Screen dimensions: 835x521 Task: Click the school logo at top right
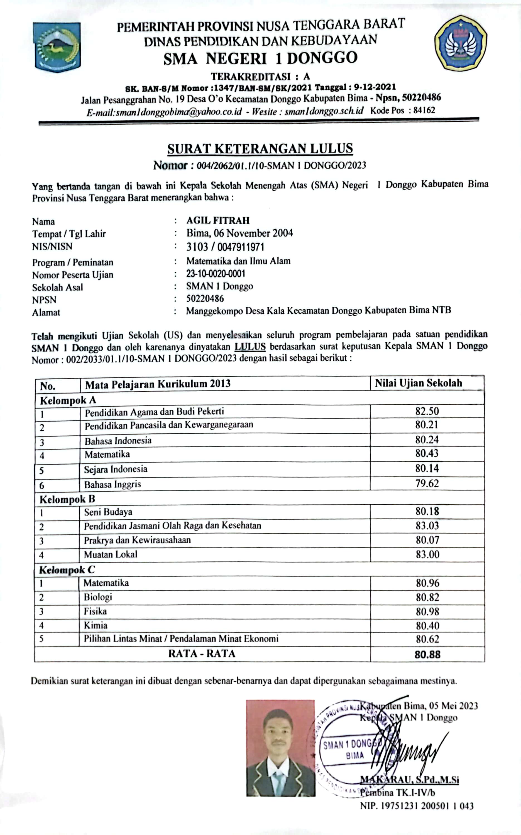(x=460, y=43)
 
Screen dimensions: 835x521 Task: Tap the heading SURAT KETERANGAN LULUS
(x=260, y=149)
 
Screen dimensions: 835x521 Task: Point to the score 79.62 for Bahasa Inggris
(x=427, y=483)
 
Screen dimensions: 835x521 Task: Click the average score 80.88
(x=427, y=655)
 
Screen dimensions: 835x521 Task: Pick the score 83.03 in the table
(x=427, y=526)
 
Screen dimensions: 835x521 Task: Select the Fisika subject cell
(x=96, y=611)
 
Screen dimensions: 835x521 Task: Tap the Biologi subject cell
(x=98, y=597)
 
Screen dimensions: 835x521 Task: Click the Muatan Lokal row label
(x=111, y=554)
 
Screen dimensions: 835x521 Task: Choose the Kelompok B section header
(x=67, y=499)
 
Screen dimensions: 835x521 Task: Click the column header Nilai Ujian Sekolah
(x=418, y=383)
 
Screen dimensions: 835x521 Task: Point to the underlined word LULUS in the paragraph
(x=250, y=347)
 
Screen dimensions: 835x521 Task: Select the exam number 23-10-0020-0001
(x=216, y=274)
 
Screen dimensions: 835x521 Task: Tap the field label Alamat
(x=46, y=313)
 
